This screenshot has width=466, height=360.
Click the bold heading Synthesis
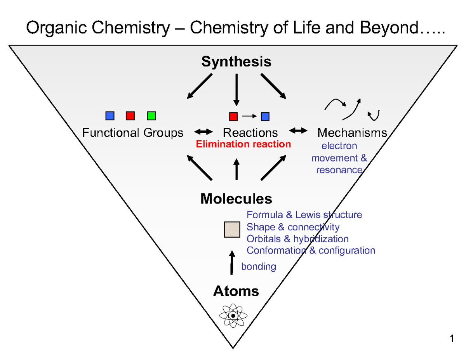236,62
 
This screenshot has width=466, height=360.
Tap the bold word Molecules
236,199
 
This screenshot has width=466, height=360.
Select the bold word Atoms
236,291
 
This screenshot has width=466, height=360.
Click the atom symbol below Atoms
233,316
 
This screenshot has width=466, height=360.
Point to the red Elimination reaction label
243,144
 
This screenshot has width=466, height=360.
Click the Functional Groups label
132,133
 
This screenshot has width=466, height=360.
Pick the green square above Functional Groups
151,116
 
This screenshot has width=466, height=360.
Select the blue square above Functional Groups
110,116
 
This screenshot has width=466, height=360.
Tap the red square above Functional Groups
130,116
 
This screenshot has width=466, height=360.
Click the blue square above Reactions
265,116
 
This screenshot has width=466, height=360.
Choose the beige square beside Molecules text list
232,229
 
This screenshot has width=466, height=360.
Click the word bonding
259,267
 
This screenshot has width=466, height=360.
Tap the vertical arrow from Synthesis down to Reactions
236,89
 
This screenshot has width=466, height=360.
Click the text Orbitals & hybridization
297,238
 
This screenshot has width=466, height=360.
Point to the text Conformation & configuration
311,250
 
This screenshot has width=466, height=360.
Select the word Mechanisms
352,133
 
